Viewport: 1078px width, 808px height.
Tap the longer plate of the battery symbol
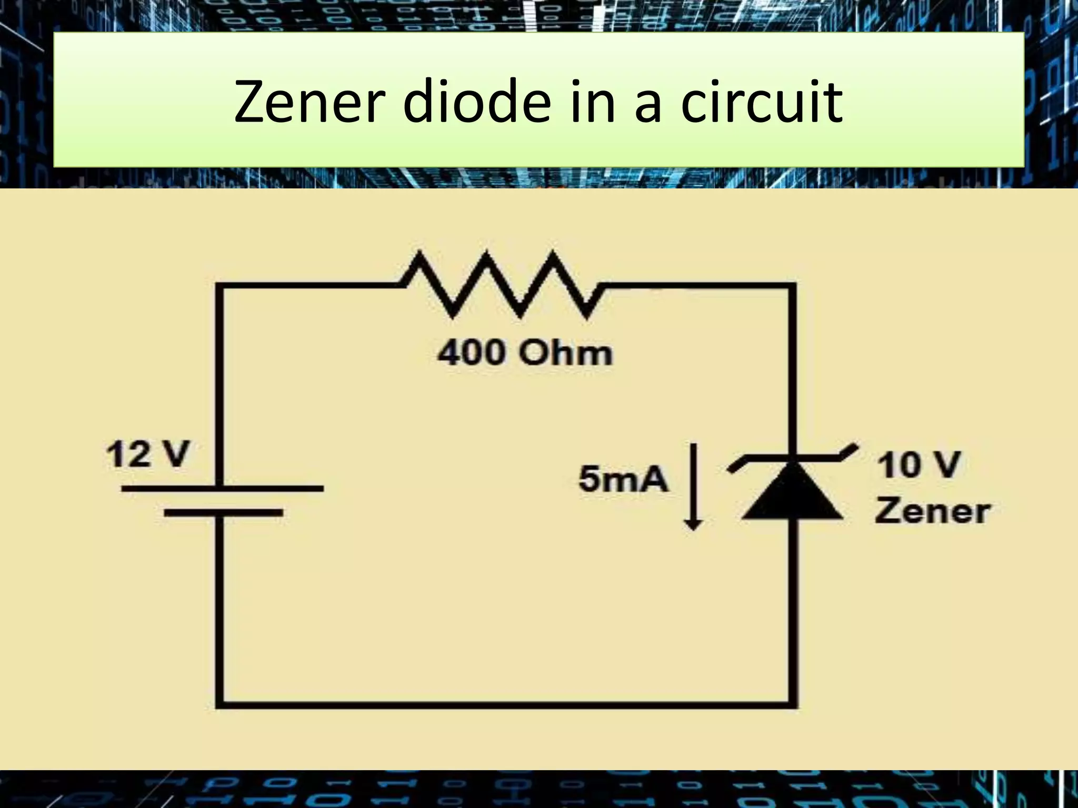(x=222, y=489)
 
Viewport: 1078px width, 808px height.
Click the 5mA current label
(x=623, y=480)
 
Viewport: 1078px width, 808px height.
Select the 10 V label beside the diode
(x=919, y=465)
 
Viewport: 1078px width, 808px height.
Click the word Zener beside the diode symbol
(x=932, y=511)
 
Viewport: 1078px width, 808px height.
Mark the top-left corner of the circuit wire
(x=220, y=287)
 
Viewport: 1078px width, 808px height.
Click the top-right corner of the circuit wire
(x=792, y=287)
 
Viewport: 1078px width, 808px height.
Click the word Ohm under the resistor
(x=565, y=353)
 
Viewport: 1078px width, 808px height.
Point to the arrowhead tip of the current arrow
(x=693, y=528)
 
